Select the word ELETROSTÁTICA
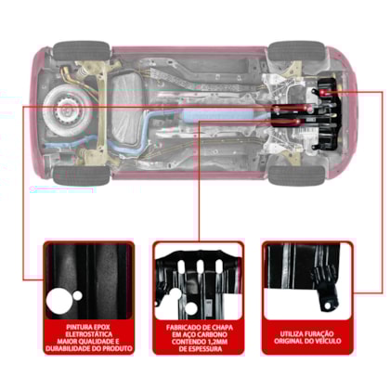(89, 334)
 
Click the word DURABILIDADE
(69, 349)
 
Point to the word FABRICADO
(182, 328)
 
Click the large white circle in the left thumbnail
(59, 301)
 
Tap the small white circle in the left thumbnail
(77, 295)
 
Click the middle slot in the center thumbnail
(200, 266)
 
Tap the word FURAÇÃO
(319, 333)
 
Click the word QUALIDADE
(94, 342)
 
